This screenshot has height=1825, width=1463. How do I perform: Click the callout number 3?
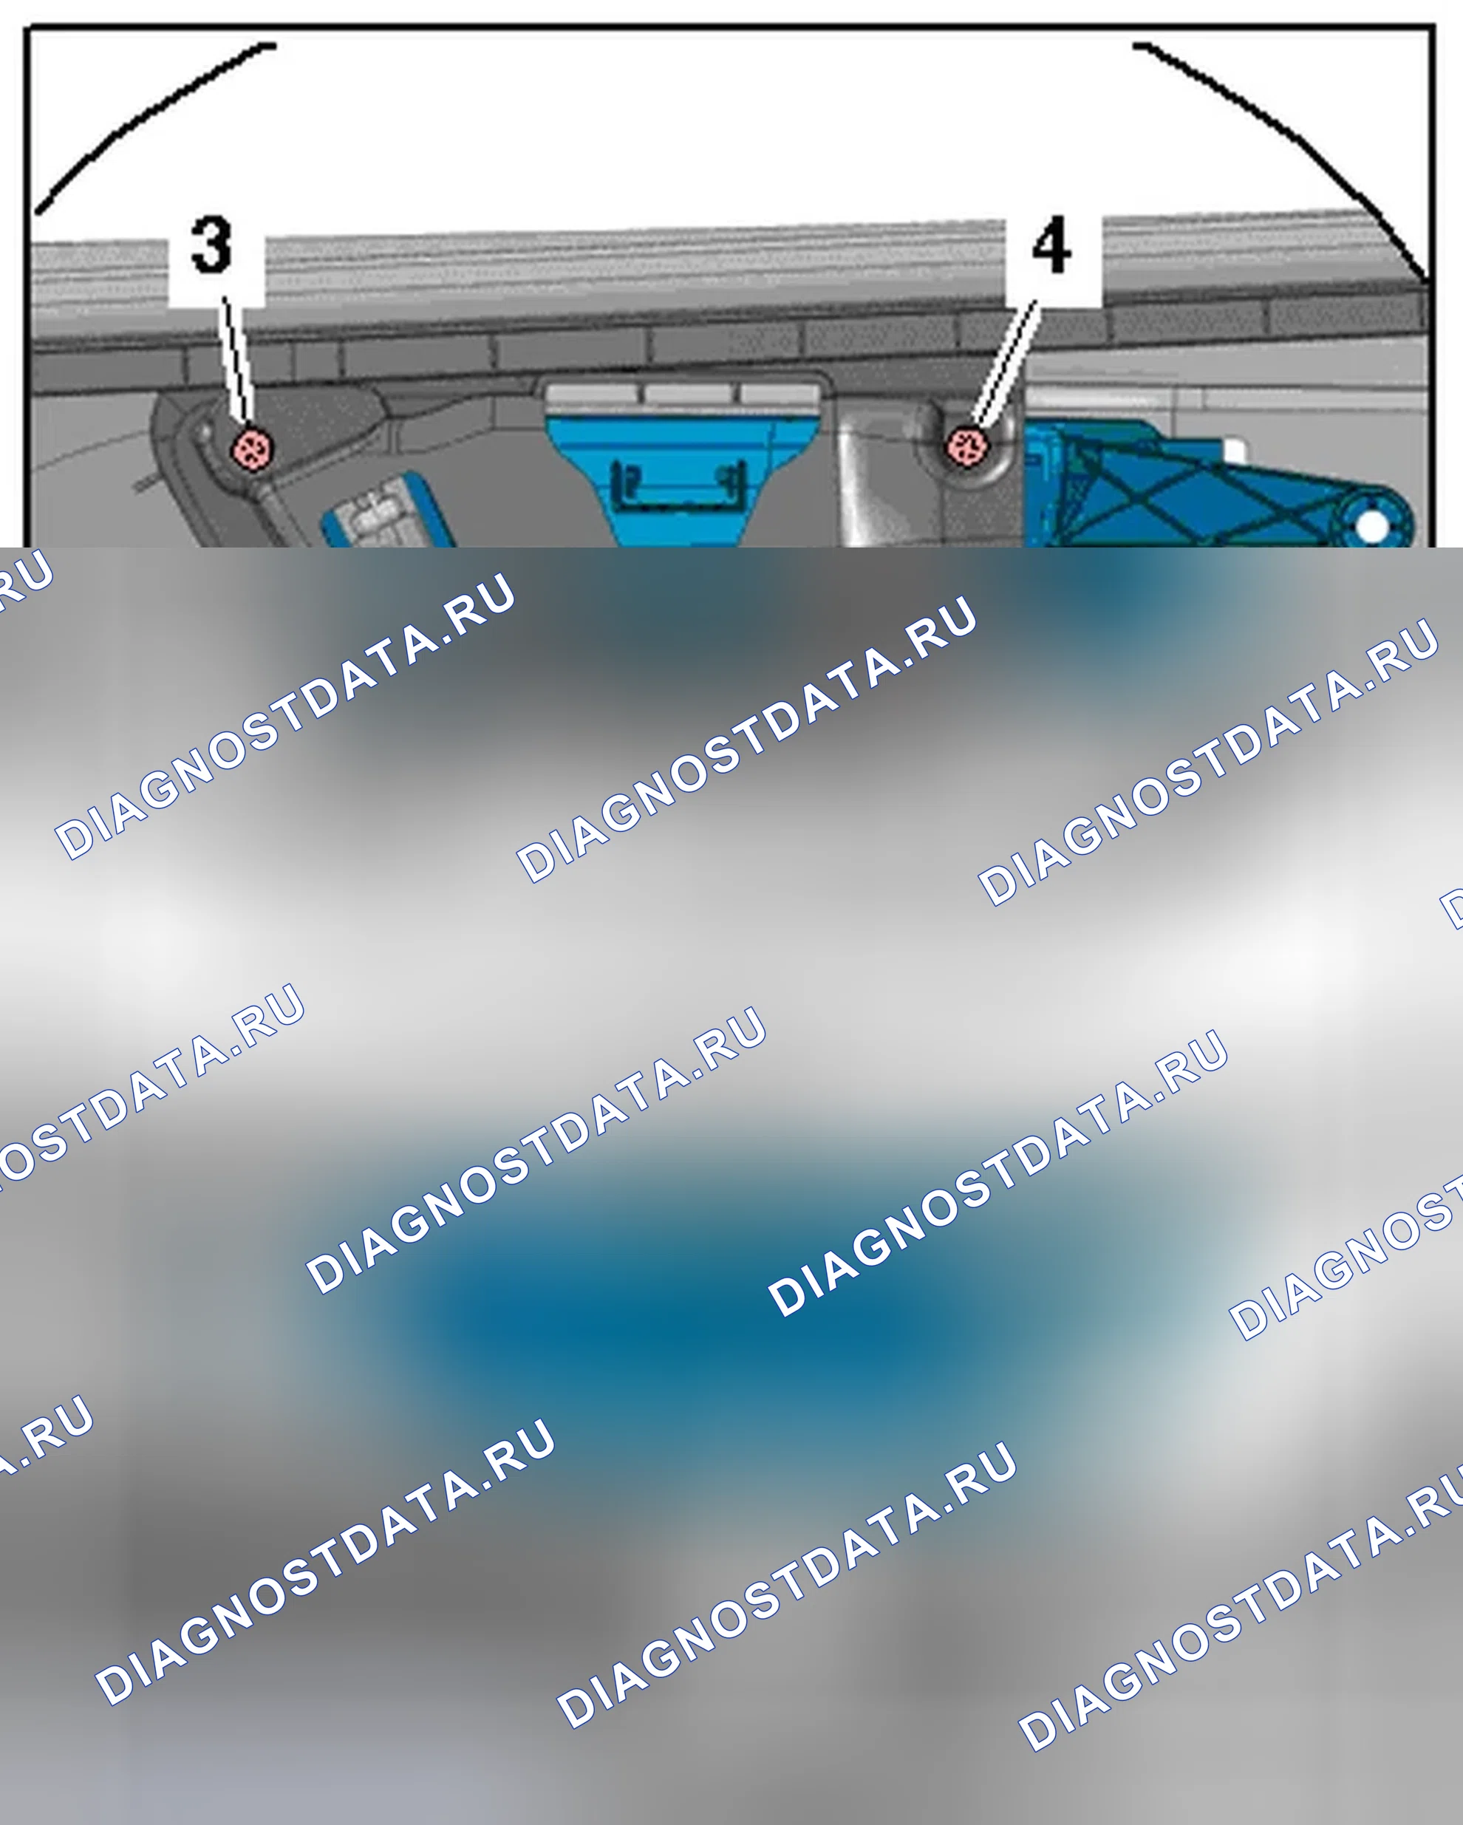click(x=211, y=245)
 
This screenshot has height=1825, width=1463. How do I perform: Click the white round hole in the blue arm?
click(x=1371, y=527)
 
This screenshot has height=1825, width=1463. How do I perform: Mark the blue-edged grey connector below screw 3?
click(x=385, y=512)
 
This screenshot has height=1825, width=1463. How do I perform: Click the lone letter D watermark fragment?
click(x=1452, y=907)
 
